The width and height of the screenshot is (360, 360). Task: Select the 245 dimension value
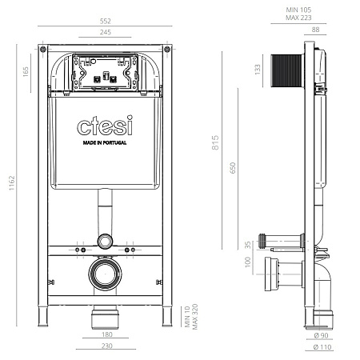point(105,33)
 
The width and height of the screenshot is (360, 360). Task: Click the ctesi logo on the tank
point(105,126)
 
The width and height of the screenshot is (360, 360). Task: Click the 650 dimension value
point(233,169)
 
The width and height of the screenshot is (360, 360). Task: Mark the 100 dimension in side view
point(247,261)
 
